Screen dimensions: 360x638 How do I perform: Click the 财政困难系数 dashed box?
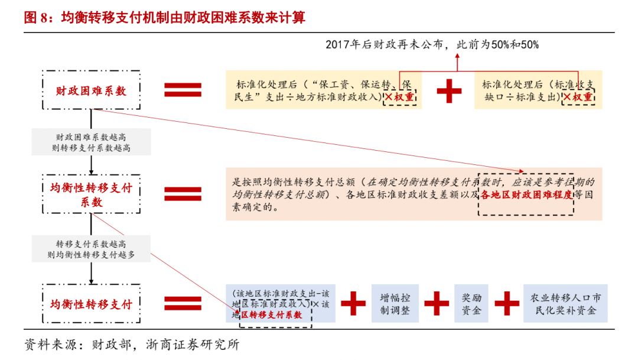pyautogui.click(x=91, y=90)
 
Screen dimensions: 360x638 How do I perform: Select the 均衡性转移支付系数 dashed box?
pyautogui.click(x=91, y=194)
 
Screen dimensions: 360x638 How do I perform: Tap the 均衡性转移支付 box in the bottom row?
pyautogui.click(x=91, y=304)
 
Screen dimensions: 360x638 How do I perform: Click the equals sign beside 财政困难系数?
pyautogui.click(x=183, y=90)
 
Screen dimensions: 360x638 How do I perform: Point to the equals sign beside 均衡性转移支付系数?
pyautogui.click(x=183, y=194)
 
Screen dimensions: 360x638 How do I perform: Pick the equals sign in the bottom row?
pyautogui.click(x=183, y=304)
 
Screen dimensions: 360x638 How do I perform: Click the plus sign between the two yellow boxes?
pyautogui.click(x=449, y=90)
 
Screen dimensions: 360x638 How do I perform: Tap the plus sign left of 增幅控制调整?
pyautogui.click(x=353, y=303)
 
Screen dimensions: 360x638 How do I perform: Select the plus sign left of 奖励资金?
pyautogui.click(x=437, y=303)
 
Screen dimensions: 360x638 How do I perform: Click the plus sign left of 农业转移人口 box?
pyautogui.click(x=506, y=303)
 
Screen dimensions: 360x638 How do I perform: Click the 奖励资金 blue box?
pyautogui.click(x=471, y=303)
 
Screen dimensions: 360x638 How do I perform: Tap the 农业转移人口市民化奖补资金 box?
pyautogui.click(x=565, y=303)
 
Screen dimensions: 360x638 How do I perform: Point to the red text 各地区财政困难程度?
pyautogui.click(x=526, y=195)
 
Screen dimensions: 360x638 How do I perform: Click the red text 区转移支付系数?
pyautogui.click(x=271, y=315)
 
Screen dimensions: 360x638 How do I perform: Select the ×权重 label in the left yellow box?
pyautogui.click(x=400, y=97)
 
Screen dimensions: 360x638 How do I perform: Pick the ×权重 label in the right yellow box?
pyautogui.click(x=577, y=97)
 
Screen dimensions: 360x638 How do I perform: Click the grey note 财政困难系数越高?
pyautogui.click(x=91, y=142)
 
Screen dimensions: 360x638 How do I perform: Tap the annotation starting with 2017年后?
pyautogui.click(x=432, y=45)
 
